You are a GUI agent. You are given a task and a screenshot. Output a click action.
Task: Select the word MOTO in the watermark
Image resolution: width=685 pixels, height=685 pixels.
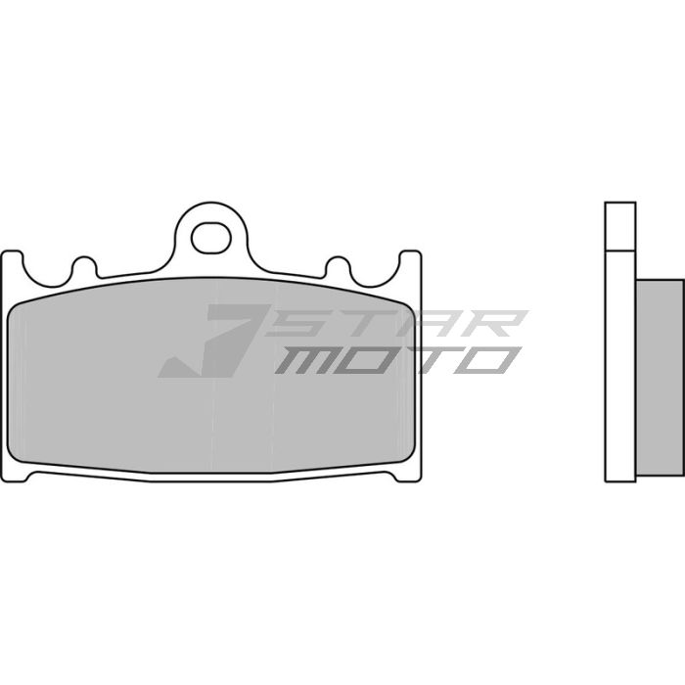(x=397, y=361)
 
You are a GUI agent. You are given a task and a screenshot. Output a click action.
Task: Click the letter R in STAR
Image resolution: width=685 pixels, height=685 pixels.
(x=493, y=324)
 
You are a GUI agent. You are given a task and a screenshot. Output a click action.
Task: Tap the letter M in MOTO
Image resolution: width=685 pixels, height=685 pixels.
(x=303, y=361)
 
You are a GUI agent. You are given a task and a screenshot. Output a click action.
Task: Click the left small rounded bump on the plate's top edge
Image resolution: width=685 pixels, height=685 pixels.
(x=82, y=266)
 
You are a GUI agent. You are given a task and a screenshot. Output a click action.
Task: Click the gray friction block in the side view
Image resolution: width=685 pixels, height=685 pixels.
(x=660, y=377)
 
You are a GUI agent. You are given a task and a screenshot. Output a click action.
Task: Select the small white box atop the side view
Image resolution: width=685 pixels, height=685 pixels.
(x=620, y=225)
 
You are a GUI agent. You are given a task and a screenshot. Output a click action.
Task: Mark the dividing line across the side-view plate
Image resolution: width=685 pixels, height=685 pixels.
(x=620, y=251)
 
